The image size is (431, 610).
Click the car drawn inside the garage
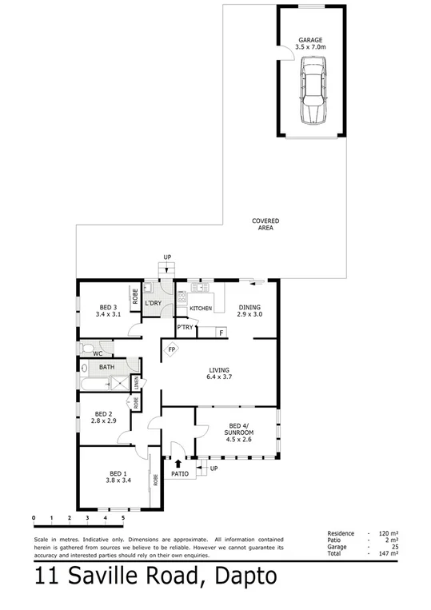(x=311, y=95)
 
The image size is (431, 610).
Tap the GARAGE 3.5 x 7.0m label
(x=310, y=43)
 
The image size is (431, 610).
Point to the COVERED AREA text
(x=265, y=224)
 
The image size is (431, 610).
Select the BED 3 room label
(x=110, y=311)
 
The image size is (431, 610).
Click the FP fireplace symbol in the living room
(x=172, y=350)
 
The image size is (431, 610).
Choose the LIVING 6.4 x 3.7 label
(x=219, y=374)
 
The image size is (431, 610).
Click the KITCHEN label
(x=201, y=309)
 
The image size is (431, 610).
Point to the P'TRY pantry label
(x=186, y=328)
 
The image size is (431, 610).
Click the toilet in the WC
(x=86, y=350)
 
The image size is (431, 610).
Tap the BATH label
(x=106, y=368)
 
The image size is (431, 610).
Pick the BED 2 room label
(x=104, y=417)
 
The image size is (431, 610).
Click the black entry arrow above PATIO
(x=178, y=462)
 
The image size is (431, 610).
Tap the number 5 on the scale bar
(x=123, y=519)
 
